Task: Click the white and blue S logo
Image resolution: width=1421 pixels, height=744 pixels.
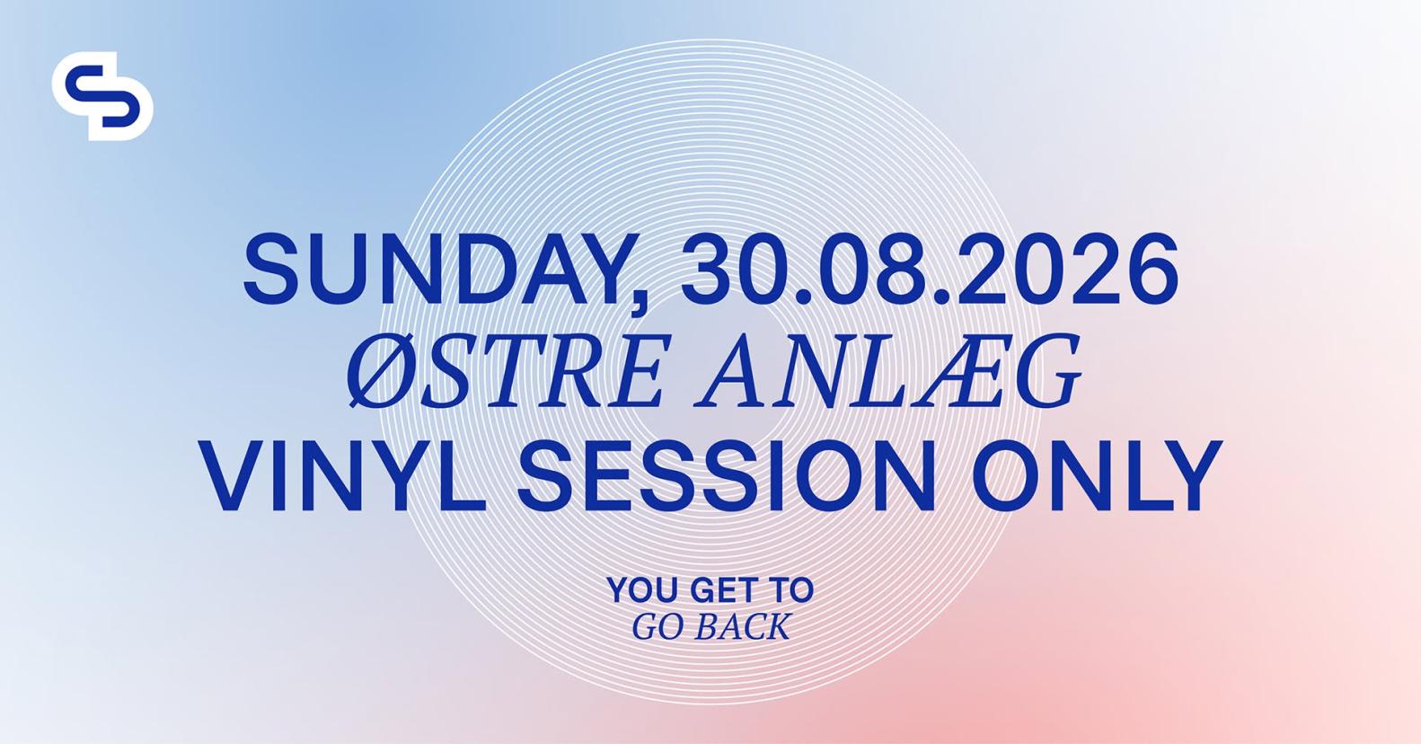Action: tap(102, 96)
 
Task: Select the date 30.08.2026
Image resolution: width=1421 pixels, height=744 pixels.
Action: tap(930, 270)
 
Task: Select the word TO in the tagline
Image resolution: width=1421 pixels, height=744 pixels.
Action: tap(791, 590)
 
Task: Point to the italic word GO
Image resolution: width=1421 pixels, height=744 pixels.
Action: tap(658, 627)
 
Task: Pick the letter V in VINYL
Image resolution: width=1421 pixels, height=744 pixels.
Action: tap(237, 475)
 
